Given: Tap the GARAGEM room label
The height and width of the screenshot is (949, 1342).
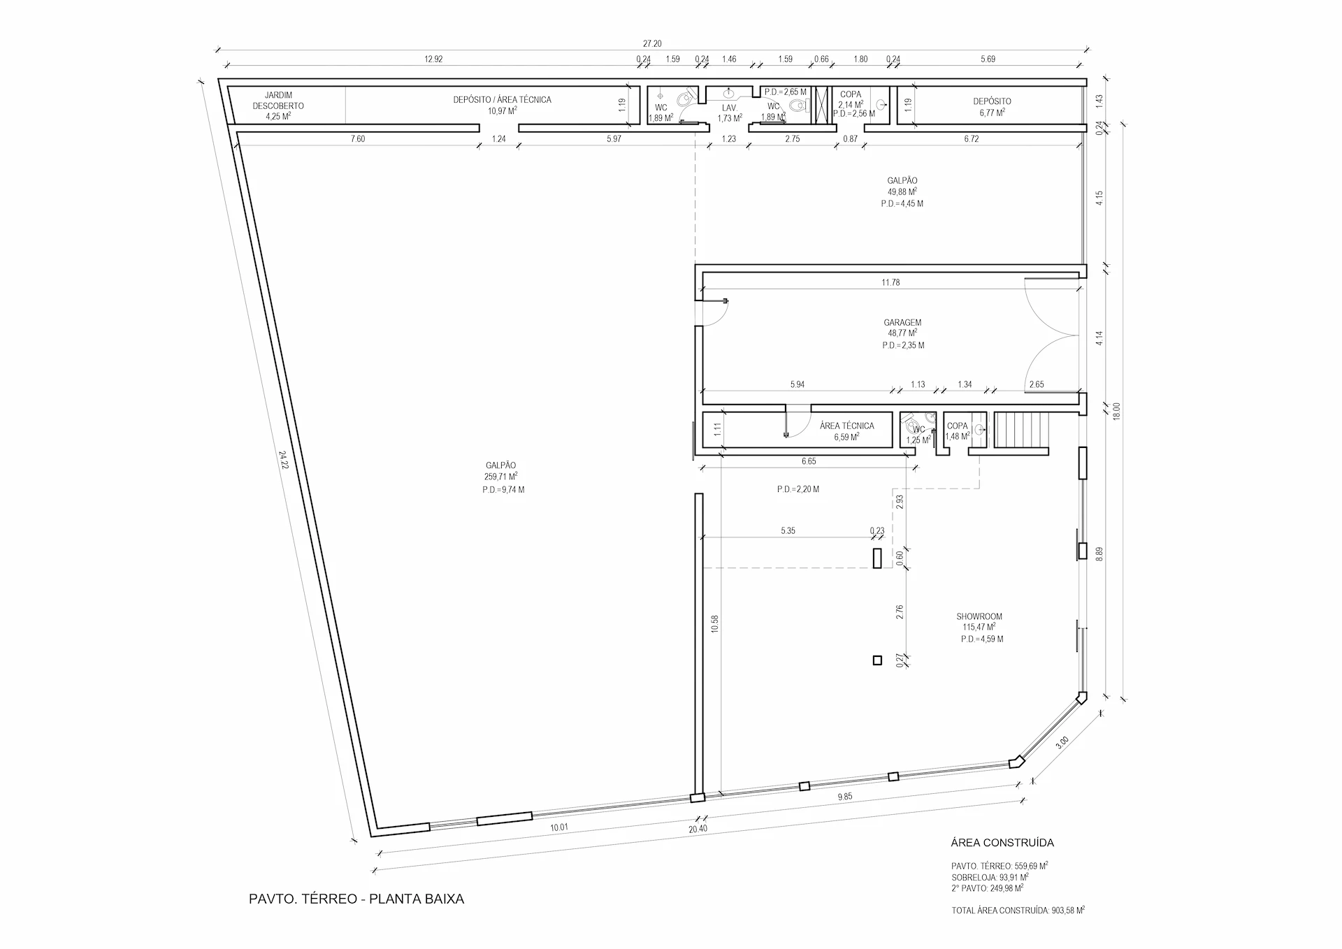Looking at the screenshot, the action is click(x=902, y=323).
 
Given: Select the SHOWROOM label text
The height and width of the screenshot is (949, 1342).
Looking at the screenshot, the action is click(x=979, y=616).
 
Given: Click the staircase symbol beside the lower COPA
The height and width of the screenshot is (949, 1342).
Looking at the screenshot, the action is click(x=1023, y=430).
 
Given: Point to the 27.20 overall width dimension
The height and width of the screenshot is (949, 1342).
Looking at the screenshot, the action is click(x=652, y=43).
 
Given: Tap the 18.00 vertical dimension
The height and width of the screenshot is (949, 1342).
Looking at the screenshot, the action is click(x=1116, y=411).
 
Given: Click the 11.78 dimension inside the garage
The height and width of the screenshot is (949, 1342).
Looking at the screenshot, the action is click(x=890, y=282).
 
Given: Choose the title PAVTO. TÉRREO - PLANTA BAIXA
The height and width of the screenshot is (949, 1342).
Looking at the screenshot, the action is click(x=356, y=899).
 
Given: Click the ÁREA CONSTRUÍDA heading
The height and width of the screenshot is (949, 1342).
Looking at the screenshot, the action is click(x=1002, y=843).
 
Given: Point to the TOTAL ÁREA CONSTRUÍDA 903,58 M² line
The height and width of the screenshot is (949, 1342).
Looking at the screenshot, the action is click(x=1018, y=911).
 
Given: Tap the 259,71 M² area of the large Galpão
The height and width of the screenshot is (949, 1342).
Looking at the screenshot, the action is click(x=500, y=477).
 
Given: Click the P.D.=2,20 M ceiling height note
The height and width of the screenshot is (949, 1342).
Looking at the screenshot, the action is click(x=798, y=489).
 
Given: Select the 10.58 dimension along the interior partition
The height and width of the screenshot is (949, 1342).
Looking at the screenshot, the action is click(x=714, y=624).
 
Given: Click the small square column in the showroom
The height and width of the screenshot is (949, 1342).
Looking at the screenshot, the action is click(x=877, y=660).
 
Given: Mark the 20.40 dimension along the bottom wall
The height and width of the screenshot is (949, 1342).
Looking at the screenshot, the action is click(x=697, y=830).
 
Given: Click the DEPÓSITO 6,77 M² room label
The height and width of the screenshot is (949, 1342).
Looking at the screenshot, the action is click(x=992, y=106).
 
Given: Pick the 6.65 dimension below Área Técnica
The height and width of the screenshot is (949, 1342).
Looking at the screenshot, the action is click(x=809, y=461).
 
